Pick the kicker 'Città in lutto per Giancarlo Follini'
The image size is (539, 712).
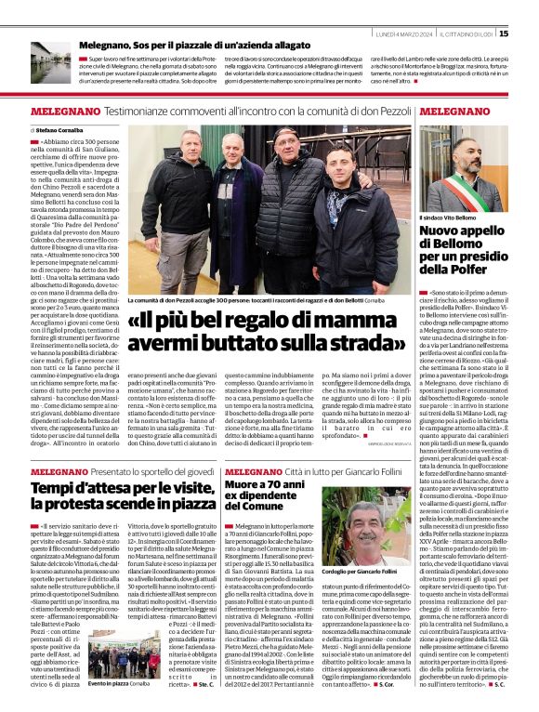[335, 471]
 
